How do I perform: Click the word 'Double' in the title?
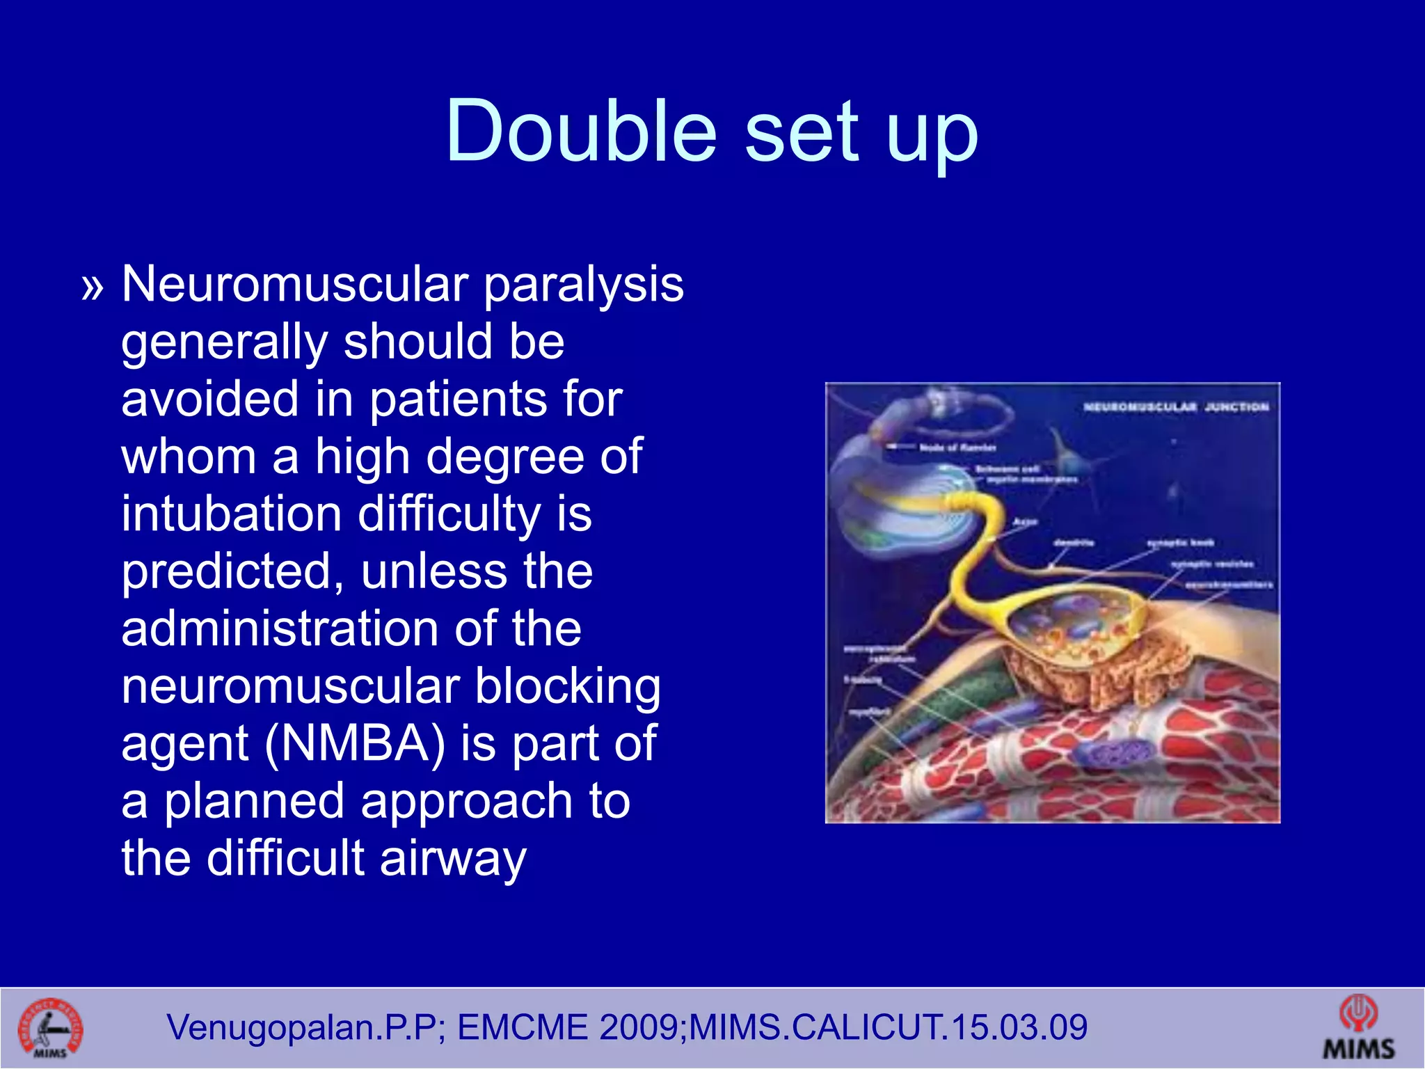click(x=581, y=131)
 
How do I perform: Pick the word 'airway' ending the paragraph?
click(x=453, y=857)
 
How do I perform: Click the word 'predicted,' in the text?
click(x=232, y=571)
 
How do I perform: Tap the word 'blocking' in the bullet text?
click(x=567, y=686)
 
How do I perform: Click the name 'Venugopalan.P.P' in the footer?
click(x=301, y=1027)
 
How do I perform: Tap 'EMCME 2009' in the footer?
click(x=568, y=1027)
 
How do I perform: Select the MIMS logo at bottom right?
click(x=1358, y=1027)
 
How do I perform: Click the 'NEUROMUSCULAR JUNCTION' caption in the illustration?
click(x=1176, y=406)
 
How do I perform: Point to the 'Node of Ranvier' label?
click(x=958, y=447)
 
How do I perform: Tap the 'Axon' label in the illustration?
click(x=1025, y=521)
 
